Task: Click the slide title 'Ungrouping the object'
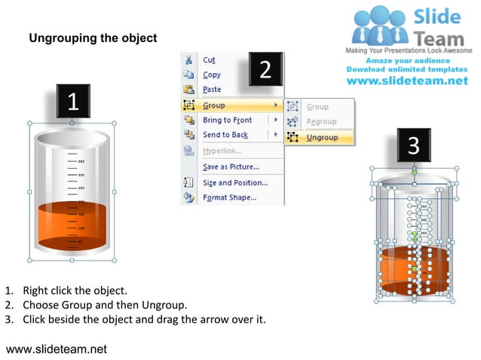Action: (x=93, y=38)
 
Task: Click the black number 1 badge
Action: (x=73, y=102)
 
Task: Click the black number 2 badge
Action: (x=265, y=70)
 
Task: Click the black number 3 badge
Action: (x=414, y=145)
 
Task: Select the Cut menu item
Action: (x=209, y=60)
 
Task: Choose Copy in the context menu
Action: (x=212, y=75)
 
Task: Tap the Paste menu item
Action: (x=212, y=90)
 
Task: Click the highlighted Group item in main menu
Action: (x=214, y=105)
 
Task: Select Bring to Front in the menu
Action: (x=227, y=121)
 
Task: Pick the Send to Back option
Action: (x=225, y=135)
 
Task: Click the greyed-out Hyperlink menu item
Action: (x=221, y=151)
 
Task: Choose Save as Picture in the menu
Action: (x=231, y=166)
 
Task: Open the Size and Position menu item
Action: (x=234, y=183)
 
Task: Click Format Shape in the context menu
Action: (x=229, y=198)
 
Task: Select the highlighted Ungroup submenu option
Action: (x=322, y=138)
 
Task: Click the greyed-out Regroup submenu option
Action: (x=321, y=122)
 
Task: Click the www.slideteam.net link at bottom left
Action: (x=57, y=349)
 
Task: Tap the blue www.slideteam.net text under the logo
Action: (x=407, y=81)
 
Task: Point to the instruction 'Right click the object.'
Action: (x=75, y=290)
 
